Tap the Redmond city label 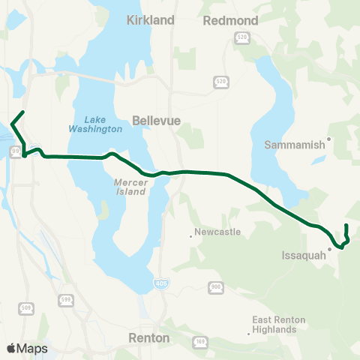230,20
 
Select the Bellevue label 153,119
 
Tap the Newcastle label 217,232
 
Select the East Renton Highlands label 278,324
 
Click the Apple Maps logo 26,348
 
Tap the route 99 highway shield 15,151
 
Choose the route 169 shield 201,342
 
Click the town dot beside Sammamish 328,139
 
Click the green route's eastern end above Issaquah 346,226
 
